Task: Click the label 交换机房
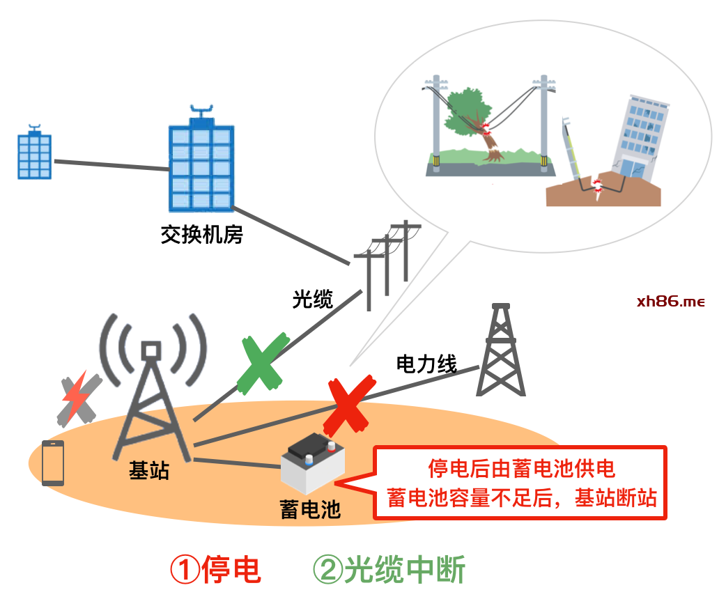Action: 202,235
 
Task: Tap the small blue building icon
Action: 34,152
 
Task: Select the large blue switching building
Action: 201,159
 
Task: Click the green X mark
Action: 263,364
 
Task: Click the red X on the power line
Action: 349,406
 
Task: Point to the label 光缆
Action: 313,299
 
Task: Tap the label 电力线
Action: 426,364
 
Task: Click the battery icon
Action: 313,463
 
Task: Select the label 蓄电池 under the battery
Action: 310,510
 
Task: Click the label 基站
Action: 149,470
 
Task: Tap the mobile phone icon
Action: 53,463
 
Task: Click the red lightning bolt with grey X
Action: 79,399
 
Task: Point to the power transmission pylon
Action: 501,350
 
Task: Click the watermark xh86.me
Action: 670,302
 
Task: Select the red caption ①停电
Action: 216,570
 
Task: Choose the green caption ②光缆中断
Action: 389,570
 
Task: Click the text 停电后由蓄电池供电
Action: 521,469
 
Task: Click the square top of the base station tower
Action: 151,350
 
